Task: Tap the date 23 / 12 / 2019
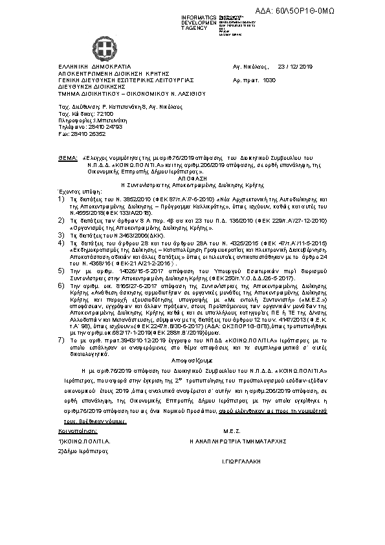294,67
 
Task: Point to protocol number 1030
270,79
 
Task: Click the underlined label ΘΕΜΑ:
67,157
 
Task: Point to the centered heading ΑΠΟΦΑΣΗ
192,175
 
